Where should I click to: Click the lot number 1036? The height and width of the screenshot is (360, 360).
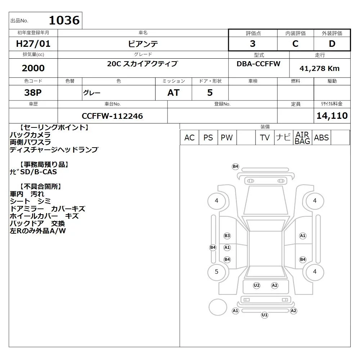pyautogui.click(x=64, y=20)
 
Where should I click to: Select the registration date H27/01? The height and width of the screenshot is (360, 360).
pyautogui.click(x=33, y=44)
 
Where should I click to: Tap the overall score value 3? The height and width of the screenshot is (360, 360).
pyautogui.click(x=253, y=44)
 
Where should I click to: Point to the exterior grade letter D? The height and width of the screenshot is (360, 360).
pyautogui.click(x=332, y=44)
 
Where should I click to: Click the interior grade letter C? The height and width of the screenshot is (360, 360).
pyautogui.click(x=295, y=44)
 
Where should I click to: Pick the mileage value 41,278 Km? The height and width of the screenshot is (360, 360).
pyautogui.click(x=319, y=68)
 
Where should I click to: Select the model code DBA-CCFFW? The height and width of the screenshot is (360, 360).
pyautogui.click(x=258, y=64)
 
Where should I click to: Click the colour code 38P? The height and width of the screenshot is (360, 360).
pyautogui.click(x=33, y=93)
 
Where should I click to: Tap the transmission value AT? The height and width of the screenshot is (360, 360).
pyautogui.click(x=174, y=93)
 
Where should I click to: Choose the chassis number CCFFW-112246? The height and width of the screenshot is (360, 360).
pyautogui.click(x=112, y=116)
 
